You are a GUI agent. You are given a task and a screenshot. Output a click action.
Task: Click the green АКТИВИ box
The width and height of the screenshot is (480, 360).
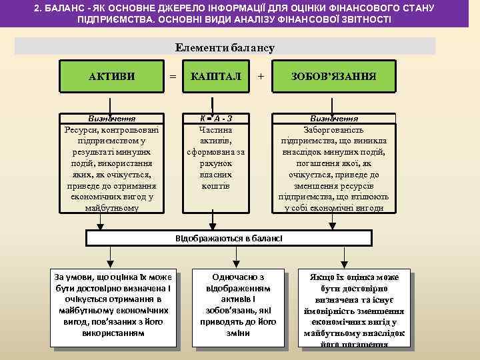coord(111,77)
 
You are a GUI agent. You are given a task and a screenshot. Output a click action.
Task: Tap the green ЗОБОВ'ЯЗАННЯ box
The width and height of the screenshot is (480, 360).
coord(333,77)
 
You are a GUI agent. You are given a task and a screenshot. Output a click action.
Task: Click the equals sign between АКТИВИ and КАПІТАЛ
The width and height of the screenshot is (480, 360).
coord(173,77)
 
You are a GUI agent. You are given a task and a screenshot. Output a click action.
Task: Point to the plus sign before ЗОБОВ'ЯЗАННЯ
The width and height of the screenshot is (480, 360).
coord(261,77)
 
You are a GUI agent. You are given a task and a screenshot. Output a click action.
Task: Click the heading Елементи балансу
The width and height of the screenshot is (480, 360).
coord(225,47)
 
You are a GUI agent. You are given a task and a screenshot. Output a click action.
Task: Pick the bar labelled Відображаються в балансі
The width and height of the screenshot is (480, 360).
coord(229,238)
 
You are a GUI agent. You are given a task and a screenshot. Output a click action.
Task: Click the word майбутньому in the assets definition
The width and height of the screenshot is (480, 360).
coord(112,208)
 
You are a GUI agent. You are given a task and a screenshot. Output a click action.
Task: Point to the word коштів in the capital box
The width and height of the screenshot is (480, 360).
coord(215,185)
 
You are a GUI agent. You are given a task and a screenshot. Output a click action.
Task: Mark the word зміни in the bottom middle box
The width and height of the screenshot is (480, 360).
coord(238,333)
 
